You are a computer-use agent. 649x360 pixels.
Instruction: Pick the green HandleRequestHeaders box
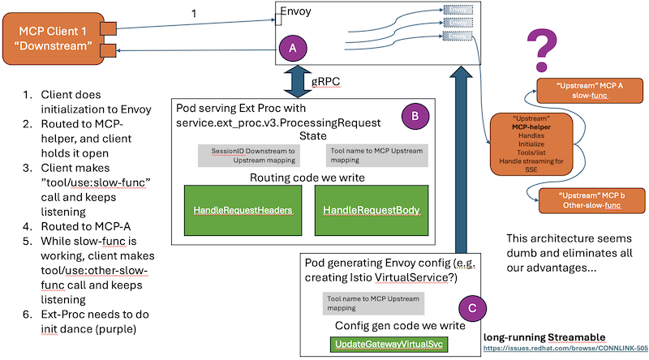[x=243, y=209]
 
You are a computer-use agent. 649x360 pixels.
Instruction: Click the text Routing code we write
[x=307, y=178]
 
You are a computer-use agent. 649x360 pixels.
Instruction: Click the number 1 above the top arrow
[x=193, y=13]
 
